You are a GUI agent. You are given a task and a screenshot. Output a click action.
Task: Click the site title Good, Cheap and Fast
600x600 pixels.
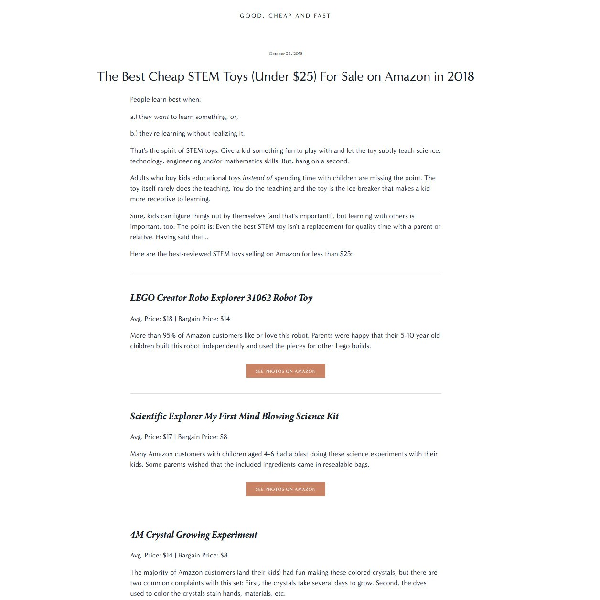[285, 16]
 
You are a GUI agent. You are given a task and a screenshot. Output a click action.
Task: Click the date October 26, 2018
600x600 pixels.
[286, 54]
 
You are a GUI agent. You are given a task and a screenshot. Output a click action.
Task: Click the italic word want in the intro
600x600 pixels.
[161, 117]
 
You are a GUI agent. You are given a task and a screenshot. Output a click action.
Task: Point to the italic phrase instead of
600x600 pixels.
[257, 178]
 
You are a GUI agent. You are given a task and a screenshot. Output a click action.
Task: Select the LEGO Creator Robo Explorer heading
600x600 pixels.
[221, 298]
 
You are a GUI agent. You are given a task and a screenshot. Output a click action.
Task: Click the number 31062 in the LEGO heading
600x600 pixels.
[258, 298]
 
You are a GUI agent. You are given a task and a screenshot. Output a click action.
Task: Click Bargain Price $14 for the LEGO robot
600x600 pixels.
[204, 319]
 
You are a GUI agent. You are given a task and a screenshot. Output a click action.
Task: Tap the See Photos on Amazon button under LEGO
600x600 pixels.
[286, 371]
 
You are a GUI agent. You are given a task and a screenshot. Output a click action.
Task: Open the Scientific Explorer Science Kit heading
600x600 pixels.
[234, 416]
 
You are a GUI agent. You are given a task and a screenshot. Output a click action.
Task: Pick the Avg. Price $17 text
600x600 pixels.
[151, 437]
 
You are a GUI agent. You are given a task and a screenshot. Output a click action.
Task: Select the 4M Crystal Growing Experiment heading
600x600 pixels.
[193, 535]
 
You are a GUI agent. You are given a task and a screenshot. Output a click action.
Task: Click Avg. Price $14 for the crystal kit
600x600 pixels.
[151, 555]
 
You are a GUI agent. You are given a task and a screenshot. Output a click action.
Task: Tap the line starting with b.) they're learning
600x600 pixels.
[187, 133]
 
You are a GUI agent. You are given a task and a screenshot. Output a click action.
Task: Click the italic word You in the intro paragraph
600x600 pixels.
[237, 188]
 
